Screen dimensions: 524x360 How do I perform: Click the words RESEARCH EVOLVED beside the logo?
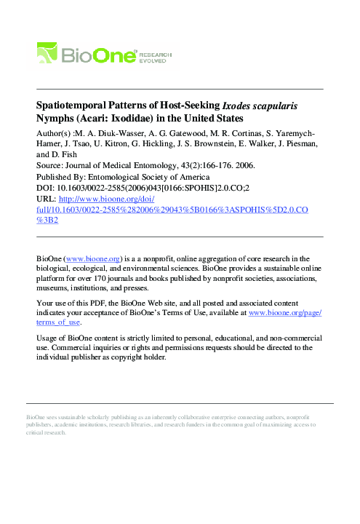(156, 55)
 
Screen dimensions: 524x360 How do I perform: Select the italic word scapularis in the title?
(273, 106)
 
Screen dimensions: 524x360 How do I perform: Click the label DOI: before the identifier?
(45, 187)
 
